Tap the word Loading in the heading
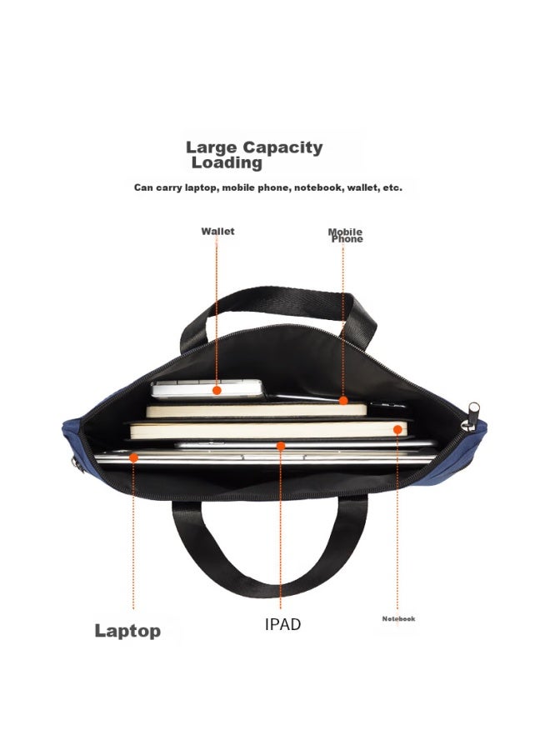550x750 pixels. [227, 163]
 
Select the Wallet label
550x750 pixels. [217, 232]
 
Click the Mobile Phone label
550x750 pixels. [345, 235]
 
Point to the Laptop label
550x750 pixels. [127, 631]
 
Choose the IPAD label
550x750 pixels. [282, 624]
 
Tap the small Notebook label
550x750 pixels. [398, 619]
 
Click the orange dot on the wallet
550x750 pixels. [217, 390]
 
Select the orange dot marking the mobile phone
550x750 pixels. [342, 400]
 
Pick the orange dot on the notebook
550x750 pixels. [397, 430]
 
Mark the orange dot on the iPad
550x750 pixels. [281, 447]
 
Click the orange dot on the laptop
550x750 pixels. [134, 458]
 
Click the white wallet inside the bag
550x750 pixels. [207, 389]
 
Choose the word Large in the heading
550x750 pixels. [212, 147]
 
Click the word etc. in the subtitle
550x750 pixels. [392, 187]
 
